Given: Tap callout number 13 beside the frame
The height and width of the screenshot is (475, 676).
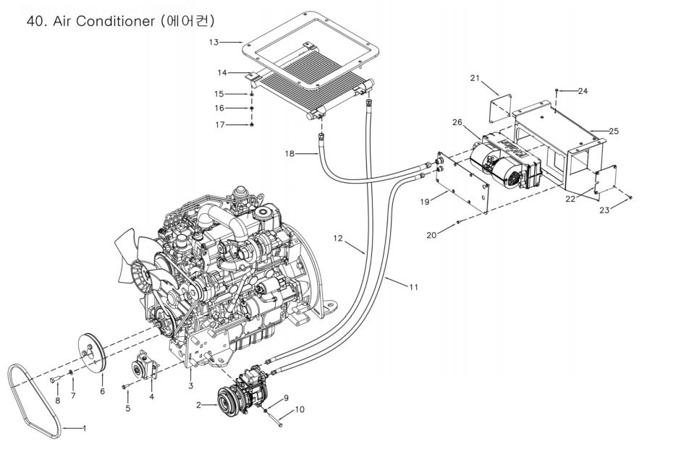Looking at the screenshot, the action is [x=214, y=42].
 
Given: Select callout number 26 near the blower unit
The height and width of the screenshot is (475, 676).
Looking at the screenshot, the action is [x=457, y=122].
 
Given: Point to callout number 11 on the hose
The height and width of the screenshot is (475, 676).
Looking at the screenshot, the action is [x=414, y=287].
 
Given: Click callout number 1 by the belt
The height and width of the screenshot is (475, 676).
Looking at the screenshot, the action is [x=85, y=429].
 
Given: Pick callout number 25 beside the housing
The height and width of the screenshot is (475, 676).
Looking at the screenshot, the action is [x=614, y=130].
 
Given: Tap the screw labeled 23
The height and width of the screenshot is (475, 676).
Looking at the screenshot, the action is [x=630, y=197].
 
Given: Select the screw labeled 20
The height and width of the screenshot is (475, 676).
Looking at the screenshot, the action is [x=458, y=222].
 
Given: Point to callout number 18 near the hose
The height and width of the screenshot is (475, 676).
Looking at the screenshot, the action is [x=290, y=153].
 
